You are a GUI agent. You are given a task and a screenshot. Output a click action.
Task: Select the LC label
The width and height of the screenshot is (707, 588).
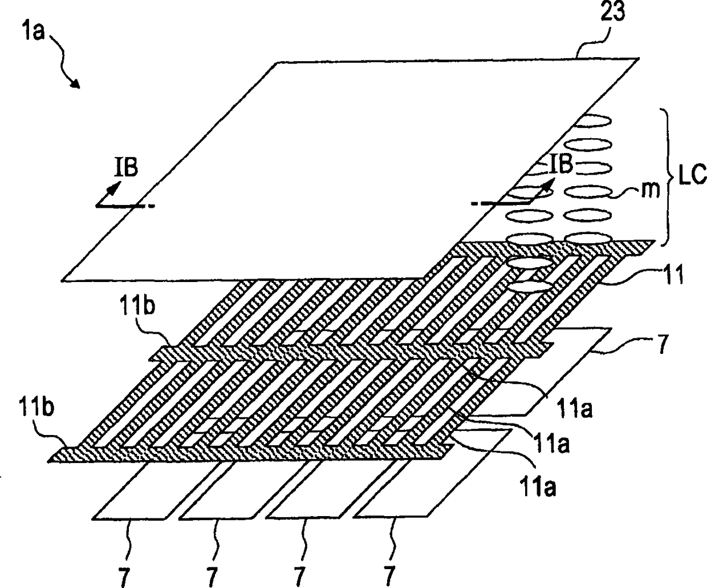click(x=692, y=175)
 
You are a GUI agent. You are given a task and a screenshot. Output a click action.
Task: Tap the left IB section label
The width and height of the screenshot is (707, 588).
click(x=125, y=170)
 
